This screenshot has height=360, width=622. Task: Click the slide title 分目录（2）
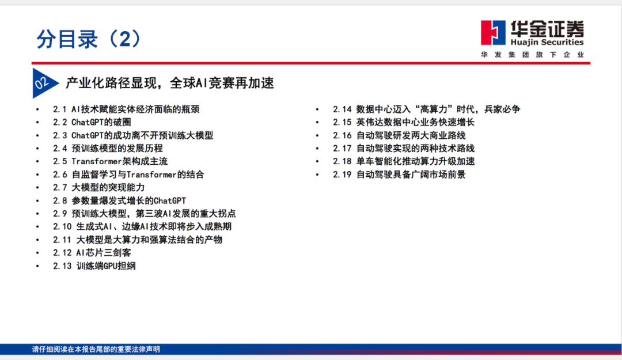88,39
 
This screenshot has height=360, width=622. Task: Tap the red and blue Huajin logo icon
493,33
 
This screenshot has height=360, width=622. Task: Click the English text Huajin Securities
547,42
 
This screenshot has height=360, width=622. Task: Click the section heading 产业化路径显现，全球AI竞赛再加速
170,83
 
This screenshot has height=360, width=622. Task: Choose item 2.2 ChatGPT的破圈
92,122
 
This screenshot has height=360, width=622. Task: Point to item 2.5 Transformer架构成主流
110,161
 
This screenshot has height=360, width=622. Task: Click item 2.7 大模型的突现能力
99,187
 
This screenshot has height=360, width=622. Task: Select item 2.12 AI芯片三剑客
92,253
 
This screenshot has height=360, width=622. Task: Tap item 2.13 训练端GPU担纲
94,266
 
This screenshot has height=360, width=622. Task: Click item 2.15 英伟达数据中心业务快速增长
404,122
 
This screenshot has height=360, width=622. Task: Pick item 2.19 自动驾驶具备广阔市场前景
399,175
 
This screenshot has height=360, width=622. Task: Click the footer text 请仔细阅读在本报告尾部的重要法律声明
96,349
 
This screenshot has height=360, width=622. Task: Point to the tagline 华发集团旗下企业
532,55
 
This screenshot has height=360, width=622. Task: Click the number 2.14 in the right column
342,109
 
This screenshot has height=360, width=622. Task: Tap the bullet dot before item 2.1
37,109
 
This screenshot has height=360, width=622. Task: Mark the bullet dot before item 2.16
317,136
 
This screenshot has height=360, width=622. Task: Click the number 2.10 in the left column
62,226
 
